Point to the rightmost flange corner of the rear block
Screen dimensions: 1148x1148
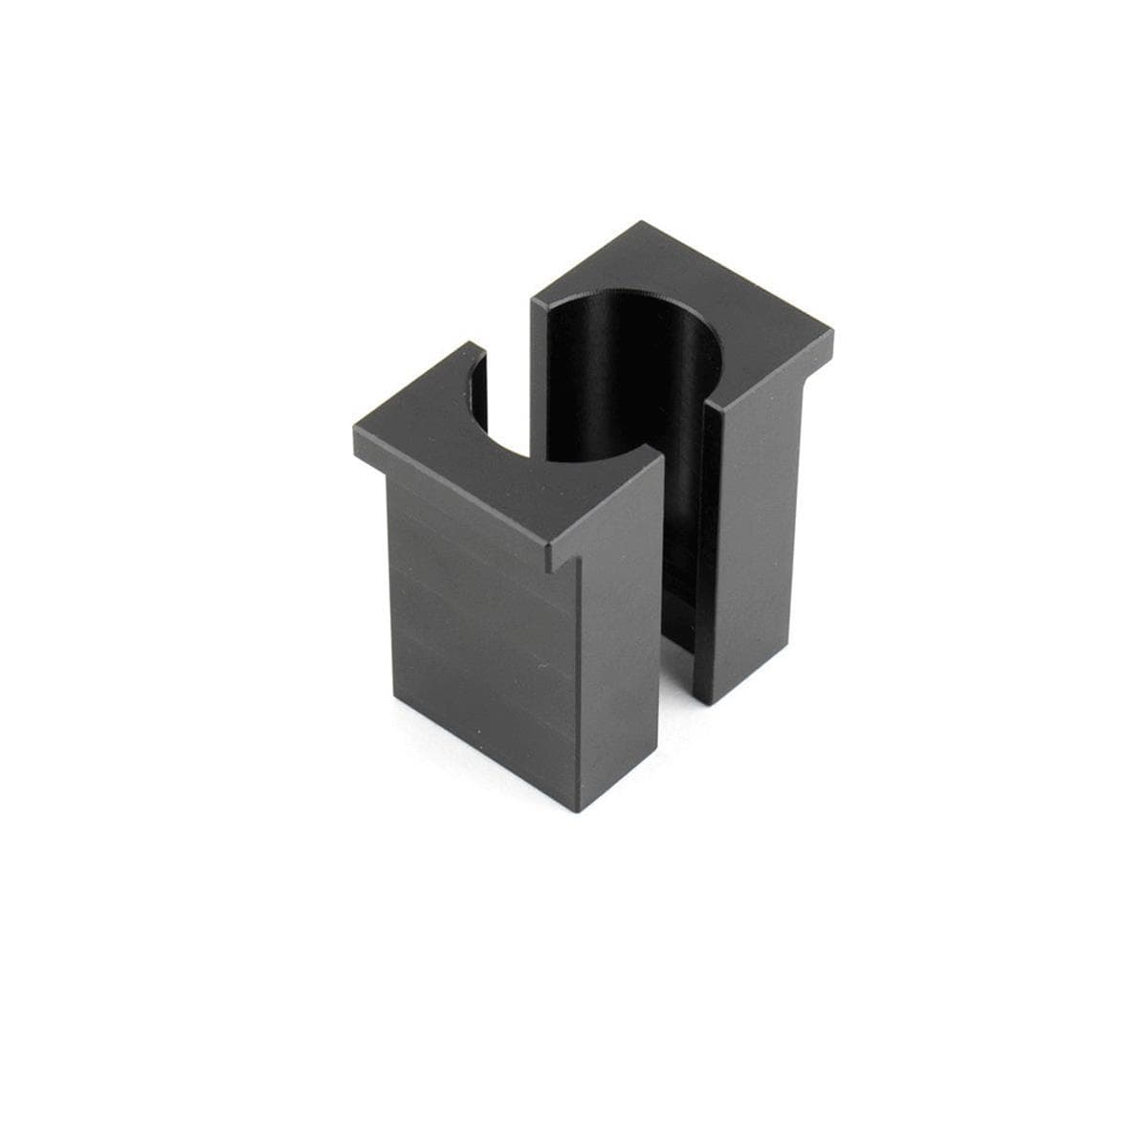coord(834,333)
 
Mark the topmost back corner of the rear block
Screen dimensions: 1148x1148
coord(643,223)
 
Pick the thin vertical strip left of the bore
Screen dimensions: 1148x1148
coord(539,383)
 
